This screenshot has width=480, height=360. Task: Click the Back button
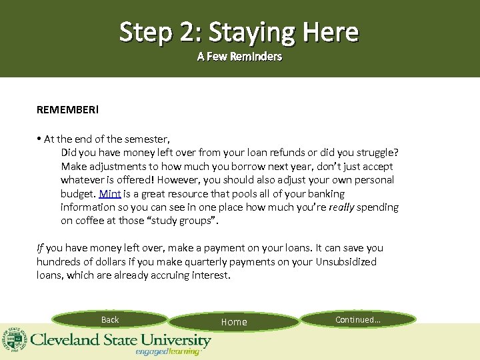pyautogui.click(x=110, y=320)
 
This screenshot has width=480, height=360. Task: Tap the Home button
pyautogui.click(x=234, y=322)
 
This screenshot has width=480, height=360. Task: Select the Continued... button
pyautogui.click(x=358, y=320)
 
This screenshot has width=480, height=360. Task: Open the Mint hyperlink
pyautogui.click(x=109, y=194)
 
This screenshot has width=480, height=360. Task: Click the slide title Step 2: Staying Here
pyautogui.click(x=239, y=31)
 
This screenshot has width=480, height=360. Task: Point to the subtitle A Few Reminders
pyautogui.click(x=239, y=57)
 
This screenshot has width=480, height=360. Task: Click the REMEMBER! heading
pyautogui.click(x=67, y=108)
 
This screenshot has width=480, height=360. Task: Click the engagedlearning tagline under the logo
pyautogui.click(x=167, y=351)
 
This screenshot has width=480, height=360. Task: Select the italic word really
pyautogui.click(x=341, y=207)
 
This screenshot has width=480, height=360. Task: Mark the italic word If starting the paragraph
pyautogui.click(x=40, y=248)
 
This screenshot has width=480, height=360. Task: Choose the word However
pyautogui.click(x=181, y=180)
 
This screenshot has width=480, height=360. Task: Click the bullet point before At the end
pyautogui.click(x=39, y=139)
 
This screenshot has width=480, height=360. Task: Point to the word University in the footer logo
pyautogui.click(x=172, y=339)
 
